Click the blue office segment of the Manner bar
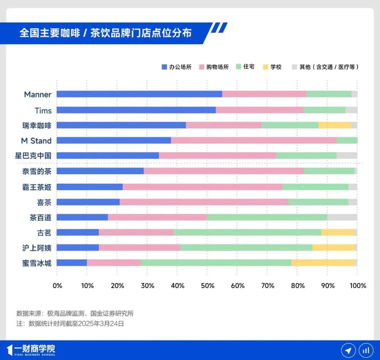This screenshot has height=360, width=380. click(x=139, y=94)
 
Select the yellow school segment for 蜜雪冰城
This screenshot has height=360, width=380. click(x=323, y=262)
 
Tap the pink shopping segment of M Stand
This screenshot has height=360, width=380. click(x=253, y=141)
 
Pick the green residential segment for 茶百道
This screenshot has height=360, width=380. click(x=267, y=217)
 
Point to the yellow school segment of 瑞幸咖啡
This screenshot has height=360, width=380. click(x=335, y=125)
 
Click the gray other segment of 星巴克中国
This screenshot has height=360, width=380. click(x=347, y=155)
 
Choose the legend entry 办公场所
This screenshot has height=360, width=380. click(x=176, y=67)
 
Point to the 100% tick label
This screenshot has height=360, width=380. click(x=357, y=286)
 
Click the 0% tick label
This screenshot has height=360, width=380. click(x=57, y=286)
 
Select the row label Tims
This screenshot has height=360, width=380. click(x=43, y=111)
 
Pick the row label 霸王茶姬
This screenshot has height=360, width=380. click(x=36, y=187)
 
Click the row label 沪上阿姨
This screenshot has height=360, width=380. click(x=36, y=248)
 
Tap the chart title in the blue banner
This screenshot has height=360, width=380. click(x=106, y=33)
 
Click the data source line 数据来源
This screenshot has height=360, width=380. click(x=75, y=314)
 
